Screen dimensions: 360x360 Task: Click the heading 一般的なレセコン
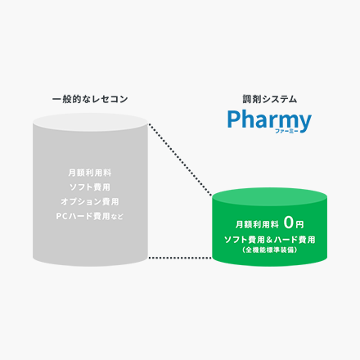coord(90,99)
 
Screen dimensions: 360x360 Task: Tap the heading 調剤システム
coord(269,99)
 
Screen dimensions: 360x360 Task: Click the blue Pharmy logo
coord(269,121)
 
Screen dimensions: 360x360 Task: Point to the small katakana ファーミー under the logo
coord(286,131)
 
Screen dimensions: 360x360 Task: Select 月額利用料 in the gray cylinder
coord(90,173)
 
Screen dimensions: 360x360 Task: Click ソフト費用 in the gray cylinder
coord(90,187)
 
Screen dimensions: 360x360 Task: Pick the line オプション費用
coord(90,201)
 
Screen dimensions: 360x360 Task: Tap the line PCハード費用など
coord(90,216)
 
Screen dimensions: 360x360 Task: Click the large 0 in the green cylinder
coord(289,223)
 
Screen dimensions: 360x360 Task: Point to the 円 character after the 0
coord(299,225)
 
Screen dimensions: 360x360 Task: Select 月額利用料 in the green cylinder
coord(257,224)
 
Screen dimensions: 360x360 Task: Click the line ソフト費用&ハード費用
coord(269,240)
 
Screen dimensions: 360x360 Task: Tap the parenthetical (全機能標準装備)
coord(269,250)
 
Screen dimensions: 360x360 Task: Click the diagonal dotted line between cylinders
coord(180,160)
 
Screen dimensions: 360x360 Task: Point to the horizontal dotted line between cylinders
coord(180,258)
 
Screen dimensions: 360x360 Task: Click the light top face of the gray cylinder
coord(90,123)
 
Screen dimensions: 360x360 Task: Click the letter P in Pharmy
coord(234,119)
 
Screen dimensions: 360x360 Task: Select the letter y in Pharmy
coord(304,124)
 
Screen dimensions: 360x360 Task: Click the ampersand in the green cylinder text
coord(269,240)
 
